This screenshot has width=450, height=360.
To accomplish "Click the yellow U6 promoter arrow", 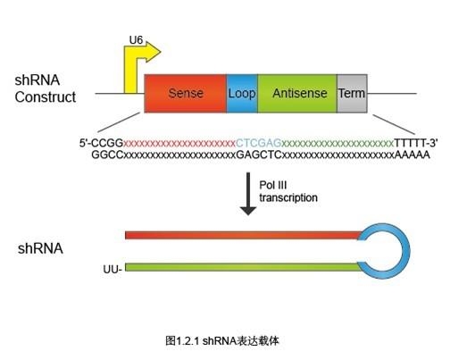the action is (x=131, y=71).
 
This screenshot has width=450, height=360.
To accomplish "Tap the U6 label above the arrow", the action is (x=136, y=40).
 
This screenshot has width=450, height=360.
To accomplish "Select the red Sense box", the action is (x=186, y=94).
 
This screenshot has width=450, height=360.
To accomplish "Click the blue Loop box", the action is (x=242, y=94).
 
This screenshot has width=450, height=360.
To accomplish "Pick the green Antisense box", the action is (x=297, y=94).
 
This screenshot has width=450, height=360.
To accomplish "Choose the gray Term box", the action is (x=352, y=94).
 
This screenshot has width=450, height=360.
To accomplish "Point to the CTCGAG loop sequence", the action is (x=258, y=143).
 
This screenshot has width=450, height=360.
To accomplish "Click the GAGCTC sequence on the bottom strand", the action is (x=259, y=155).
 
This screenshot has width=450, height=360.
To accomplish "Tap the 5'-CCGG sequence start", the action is (x=101, y=143).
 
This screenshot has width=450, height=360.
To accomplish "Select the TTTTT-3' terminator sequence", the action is (x=416, y=143).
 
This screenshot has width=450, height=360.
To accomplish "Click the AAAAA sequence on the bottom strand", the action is (x=412, y=155).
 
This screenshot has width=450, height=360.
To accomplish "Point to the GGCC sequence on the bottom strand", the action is (x=107, y=155).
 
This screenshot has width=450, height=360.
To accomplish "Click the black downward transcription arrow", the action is (x=248, y=194).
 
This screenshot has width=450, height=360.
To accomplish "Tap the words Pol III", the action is (x=273, y=185).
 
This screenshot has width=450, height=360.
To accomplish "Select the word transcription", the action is (x=288, y=197).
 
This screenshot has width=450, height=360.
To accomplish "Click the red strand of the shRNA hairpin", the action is (x=244, y=235).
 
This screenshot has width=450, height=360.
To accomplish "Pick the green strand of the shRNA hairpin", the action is (x=243, y=267).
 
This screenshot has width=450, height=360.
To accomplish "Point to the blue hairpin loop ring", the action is (x=407, y=251).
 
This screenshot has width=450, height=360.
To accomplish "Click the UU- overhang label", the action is (x=112, y=269).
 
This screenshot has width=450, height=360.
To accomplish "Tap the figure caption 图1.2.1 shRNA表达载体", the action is (x=222, y=340).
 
